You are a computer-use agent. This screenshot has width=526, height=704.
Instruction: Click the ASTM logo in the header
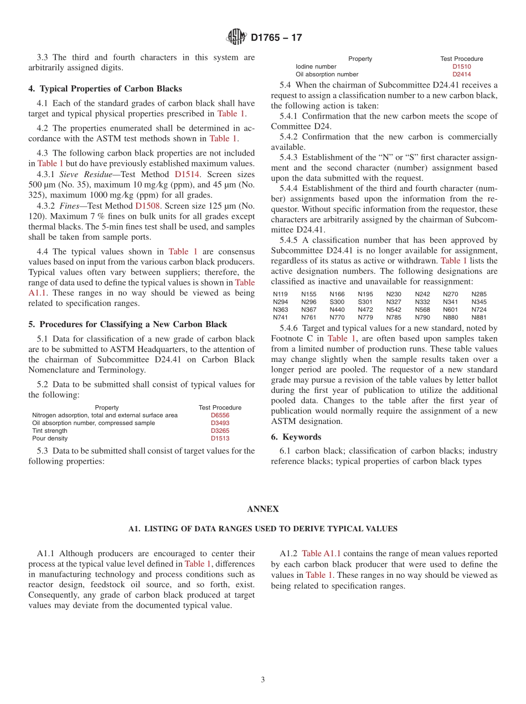[236, 38]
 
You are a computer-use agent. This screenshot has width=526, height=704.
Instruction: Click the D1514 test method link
[187, 174]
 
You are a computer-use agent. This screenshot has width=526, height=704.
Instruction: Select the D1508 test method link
[147, 205]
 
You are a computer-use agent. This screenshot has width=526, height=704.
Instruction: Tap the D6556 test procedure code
[220, 415]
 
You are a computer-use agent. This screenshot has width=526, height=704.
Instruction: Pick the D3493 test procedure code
[220, 423]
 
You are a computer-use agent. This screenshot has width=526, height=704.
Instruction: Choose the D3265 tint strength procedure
[220, 431]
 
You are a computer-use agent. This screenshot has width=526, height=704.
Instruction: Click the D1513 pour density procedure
[220, 438]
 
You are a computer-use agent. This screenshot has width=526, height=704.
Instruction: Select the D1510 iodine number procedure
[461, 66]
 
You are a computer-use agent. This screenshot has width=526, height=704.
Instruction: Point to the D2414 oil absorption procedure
[461, 74]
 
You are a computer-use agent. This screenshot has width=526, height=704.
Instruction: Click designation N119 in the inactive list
[280, 294]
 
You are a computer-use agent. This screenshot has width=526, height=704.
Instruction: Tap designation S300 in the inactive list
[337, 302]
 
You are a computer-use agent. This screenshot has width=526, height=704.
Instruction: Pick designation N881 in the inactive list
[479, 318]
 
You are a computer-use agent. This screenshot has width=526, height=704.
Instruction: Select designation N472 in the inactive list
[365, 310]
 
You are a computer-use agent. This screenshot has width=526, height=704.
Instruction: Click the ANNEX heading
[262, 509]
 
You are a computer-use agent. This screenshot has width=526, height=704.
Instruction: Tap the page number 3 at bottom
[263, 680]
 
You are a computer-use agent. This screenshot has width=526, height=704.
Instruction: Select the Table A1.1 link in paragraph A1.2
[321, 553]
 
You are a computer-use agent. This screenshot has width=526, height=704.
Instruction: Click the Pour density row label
[50, 438]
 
